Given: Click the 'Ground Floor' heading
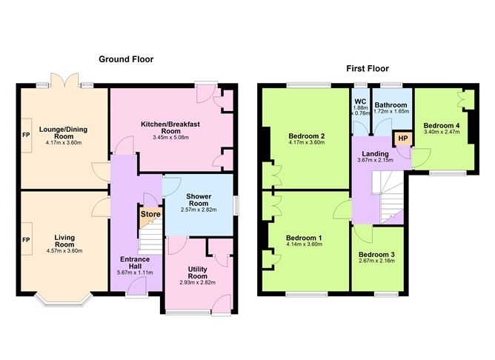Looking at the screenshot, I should [x=127, y=59].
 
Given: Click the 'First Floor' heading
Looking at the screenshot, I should [x=368, y=68].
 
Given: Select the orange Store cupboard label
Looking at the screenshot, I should [x=150, y=215].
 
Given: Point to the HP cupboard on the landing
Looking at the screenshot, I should [x=402, y=139].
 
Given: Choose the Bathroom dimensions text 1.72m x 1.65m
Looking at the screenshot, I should [x=391, y=111].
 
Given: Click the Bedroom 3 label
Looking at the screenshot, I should [x=377, y=255].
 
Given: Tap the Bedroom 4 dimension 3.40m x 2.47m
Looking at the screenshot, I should [x=442, y=133].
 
